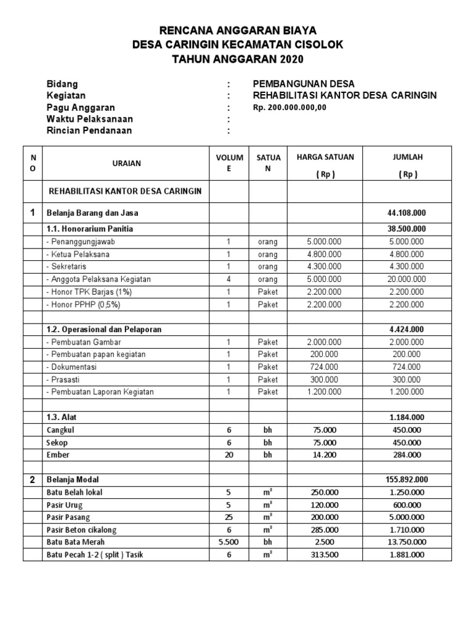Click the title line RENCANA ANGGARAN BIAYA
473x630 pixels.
point(238,31)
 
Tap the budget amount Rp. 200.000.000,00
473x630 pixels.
point(289,107)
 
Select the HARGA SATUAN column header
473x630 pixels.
point(325,157)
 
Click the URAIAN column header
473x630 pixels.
point(127,163)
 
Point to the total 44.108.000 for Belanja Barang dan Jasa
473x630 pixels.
point(407,213)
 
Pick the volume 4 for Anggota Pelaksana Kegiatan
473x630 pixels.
point(228,279)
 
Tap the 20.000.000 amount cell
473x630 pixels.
point(407,279)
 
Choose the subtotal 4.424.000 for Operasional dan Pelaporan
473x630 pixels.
point(407,329)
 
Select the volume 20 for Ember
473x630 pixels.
point(228,455)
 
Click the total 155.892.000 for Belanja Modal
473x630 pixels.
point(407,479)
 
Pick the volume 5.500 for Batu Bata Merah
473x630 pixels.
point(228,541)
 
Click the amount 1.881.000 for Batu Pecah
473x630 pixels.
point(407,554)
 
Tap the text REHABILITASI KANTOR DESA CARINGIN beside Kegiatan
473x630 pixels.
point(345,95)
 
